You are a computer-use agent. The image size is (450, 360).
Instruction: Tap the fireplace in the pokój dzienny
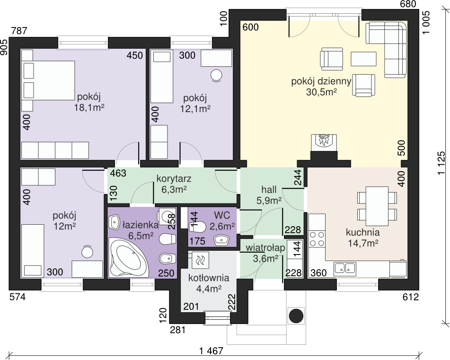[x=324, y=142]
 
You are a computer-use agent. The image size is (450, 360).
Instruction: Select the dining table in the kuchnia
[x=377, y=206]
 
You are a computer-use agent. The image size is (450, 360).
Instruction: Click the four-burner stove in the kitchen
[x=317, y=239]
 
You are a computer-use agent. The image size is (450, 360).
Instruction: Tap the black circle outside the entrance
[x=296, y=316]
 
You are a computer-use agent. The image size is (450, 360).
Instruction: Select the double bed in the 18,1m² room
[x=48, y=80]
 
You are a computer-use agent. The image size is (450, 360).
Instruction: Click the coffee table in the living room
[x=363, y=59]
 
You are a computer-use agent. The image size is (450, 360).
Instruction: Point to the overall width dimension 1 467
[x=211, y=351]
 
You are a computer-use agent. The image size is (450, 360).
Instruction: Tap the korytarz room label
[x=174, y=178]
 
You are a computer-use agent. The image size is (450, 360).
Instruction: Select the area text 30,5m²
[x=321, y=92]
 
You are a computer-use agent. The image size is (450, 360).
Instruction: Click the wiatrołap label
[x=265, y=248]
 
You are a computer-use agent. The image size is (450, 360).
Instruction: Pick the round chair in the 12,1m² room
[x=216, y=75]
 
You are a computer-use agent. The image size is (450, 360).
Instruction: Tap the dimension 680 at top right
[x=408, y=4]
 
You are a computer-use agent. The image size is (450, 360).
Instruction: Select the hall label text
[x=269, y=190]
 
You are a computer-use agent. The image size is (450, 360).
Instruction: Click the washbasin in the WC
[x=221, y=240]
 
